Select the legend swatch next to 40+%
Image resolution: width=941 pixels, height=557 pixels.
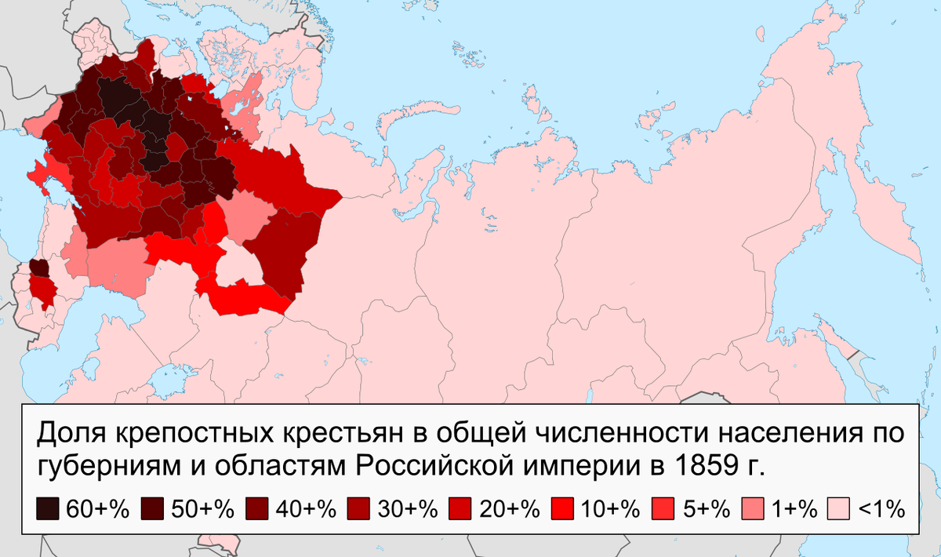(x=256, y=508)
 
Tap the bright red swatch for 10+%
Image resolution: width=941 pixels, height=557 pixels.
(x=562, y=508)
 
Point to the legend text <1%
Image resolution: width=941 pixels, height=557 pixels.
(x=881, y=509)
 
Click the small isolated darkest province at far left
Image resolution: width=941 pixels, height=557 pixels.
(x=38, y=268)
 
